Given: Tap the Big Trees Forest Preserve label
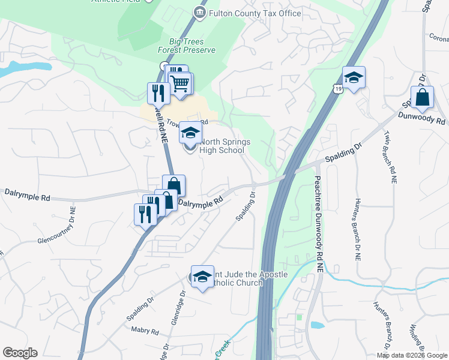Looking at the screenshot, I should (192, 46).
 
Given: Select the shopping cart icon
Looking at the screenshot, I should (181, 83).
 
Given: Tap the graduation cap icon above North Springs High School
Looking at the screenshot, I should (190, 132).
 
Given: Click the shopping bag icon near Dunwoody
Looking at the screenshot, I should (422, 98).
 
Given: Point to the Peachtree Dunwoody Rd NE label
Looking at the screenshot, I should (318, 210).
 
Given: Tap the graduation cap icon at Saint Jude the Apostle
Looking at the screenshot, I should (202, 276).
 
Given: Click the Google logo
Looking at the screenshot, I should (20, 353).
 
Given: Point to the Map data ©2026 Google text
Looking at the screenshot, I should (412, 355).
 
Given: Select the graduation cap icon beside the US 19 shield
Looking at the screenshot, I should (354, 77).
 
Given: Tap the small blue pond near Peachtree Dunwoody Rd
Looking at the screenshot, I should (317, 325).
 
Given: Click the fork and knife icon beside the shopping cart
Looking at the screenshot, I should (157, 92).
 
